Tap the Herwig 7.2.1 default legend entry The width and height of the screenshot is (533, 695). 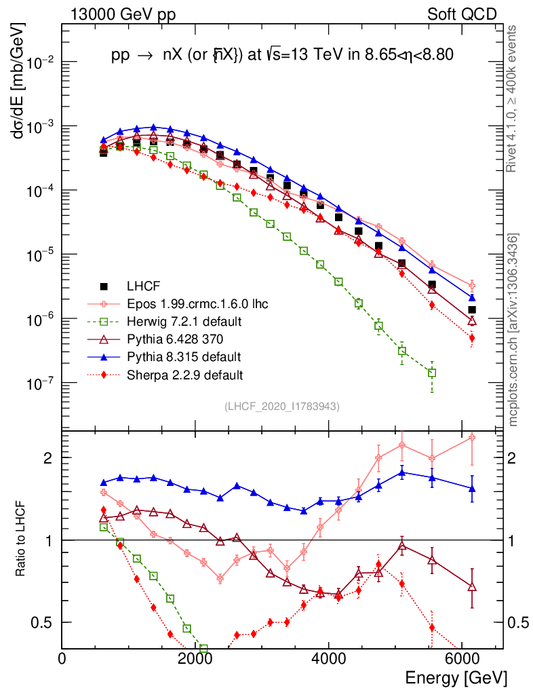pos(179,321)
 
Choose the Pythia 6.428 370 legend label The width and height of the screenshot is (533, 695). pos(174,339)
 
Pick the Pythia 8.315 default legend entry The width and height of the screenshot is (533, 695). pos(179,356)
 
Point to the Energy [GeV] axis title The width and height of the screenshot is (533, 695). pos(456,677)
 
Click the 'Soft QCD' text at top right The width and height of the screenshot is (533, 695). pos(462,14)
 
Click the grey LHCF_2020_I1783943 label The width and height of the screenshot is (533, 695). pos(281,407)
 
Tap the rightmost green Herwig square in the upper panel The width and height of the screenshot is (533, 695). pos(432,373)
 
